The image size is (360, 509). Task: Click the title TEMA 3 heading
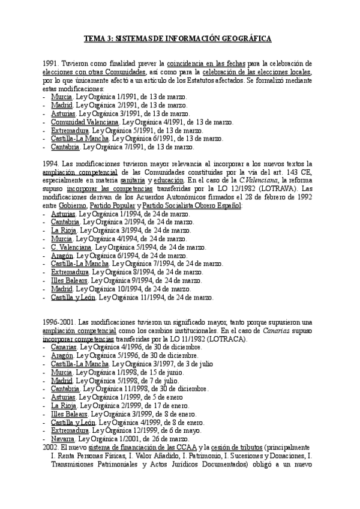177,39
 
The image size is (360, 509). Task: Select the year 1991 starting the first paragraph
51,62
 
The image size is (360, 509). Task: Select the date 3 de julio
183,364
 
